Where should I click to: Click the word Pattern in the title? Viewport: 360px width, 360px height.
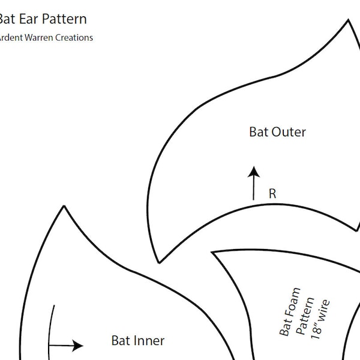(x=64, y=19)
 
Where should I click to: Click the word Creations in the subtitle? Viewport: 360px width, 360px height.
(x=75, y=37)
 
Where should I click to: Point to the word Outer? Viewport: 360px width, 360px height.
(x=289, y=131)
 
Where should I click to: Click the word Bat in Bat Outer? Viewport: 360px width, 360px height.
(x=259, y=131)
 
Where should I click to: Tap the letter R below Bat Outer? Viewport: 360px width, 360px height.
(x=272, y=193)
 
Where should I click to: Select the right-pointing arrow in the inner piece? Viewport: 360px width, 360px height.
(x=66, y=345)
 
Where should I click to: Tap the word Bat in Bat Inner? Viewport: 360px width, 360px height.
(x=120, y=340)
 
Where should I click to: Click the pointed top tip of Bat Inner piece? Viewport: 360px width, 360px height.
(x=64, y=206)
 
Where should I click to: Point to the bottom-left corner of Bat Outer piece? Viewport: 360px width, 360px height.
(x=159, y=262)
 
